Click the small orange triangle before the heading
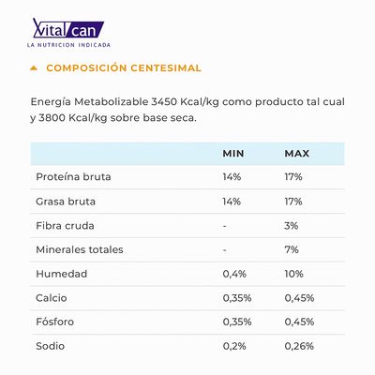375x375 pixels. tap(35, 68)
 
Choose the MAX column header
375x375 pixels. tap(296, 153)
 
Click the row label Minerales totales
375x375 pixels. tap(79, 250)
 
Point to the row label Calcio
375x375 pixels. tap(52, 299)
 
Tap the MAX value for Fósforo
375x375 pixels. tap(299, 322)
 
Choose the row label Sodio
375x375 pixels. tap(51, 347)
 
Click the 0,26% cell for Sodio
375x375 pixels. tap(299, 347)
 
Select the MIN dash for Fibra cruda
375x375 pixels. tap(225, 226)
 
